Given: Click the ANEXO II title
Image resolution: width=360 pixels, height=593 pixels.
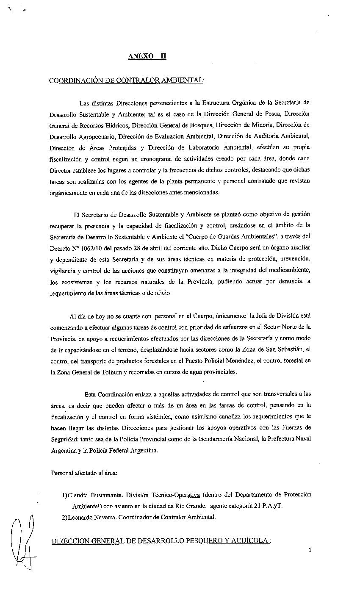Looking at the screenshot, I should click(x=147, y=56).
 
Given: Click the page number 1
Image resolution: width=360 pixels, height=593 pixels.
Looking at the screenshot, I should click(x=310, y=550).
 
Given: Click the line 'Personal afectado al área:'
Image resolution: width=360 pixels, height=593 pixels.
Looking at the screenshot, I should click(x=84, y=472).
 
